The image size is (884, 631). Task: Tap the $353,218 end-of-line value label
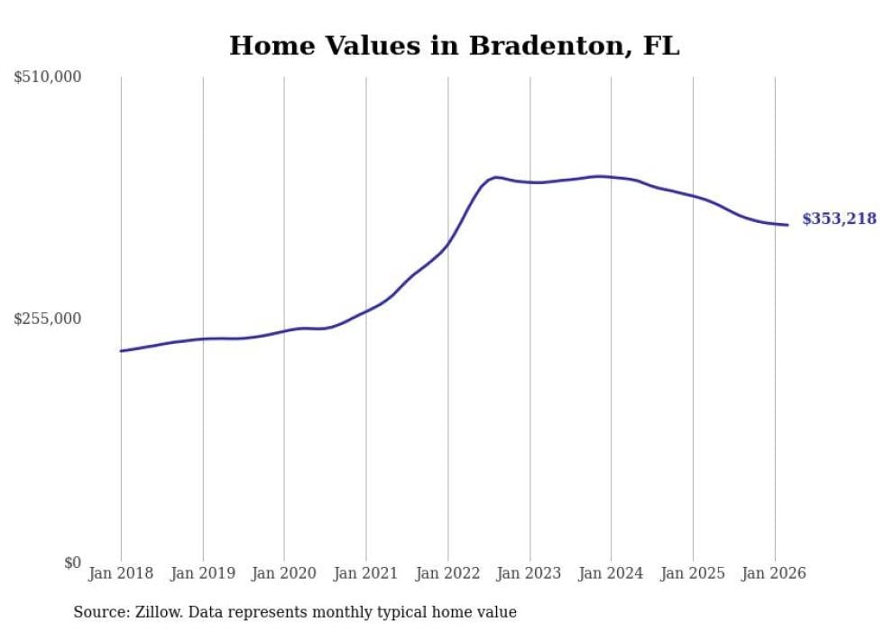[x=838, y=218]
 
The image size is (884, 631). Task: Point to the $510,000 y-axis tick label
[x=47, y=78]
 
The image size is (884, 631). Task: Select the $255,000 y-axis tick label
[x=47, y=319]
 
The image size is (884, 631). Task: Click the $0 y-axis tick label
[x=71, y=562]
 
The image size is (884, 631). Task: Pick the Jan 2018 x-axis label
[x=121, y=573]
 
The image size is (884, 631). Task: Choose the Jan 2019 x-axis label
[x=202, y=573]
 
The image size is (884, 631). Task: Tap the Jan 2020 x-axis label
[x=284, y=573]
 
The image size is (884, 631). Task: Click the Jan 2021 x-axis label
[x=366, y=573]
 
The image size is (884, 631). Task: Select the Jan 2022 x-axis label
[x=447, y=573]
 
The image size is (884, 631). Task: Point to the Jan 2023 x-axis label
[x=529, y=573]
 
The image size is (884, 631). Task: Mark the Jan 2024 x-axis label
[x=611, y=573]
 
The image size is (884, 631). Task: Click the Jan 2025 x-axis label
[x=693, y=573]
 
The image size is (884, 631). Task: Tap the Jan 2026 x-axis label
[x=774, y=573]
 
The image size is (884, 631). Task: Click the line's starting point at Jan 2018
[x=121, y=350]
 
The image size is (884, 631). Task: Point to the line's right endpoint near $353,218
[x=787, y=225]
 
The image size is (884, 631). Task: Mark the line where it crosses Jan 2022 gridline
[x=447, y=244]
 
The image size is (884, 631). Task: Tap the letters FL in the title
[x=661, y=46]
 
